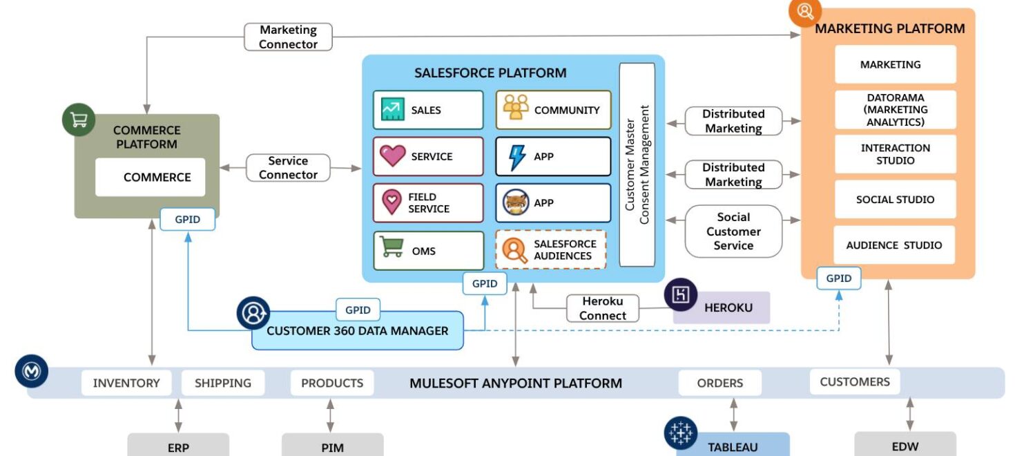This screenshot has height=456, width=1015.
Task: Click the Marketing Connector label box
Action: tap(288, 37)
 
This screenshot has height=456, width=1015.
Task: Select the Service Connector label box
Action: tap(288, 168)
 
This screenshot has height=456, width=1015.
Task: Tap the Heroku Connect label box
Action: tap(602, 308)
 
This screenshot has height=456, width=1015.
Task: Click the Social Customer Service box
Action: tap(733, 231)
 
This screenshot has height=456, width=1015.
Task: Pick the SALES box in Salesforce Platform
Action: tap(428, 110)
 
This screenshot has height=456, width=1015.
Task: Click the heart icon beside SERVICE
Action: tap(392, 156)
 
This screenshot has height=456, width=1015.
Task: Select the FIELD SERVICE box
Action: tap(428, 203)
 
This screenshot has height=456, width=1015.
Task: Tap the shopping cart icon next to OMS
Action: tap(391, 247)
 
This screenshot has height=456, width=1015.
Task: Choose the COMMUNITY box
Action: tap(553, 110)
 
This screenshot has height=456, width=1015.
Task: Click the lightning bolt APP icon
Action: tap(516, 157)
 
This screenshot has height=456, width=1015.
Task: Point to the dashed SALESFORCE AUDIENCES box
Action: tap(550, 250)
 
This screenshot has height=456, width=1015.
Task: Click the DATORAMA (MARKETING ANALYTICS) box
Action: tap(895, 110)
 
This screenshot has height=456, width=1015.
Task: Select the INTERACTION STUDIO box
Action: tap(895, 154)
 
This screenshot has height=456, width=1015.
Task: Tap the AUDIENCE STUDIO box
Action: tap(893, 245)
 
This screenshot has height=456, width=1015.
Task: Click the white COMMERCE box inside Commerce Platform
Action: tap(151, 178)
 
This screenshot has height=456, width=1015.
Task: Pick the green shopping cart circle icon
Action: tap(79, 120)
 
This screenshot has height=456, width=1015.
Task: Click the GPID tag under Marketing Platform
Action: tap(838, 278)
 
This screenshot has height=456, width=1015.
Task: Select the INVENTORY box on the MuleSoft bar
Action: tap(126, 383)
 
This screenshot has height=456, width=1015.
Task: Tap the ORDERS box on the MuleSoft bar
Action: tap(719, 383)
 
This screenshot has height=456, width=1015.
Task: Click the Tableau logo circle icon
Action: tap(681, 433)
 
